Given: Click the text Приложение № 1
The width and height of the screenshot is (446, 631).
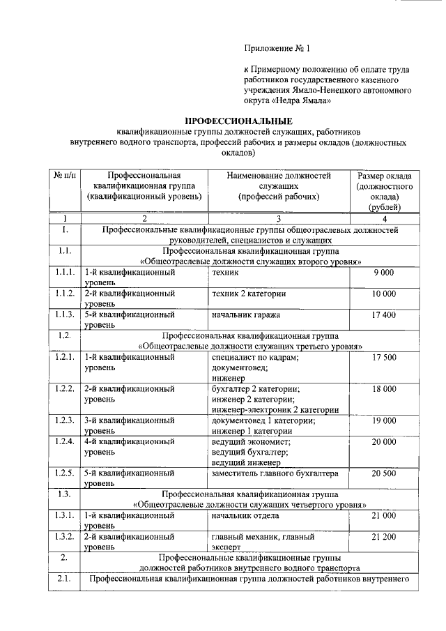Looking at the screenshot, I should [x=276, y=48].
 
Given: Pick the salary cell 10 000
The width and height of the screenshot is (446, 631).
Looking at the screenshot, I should [x=384, y=294].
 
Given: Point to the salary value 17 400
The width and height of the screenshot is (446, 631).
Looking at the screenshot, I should [x=384, y=315].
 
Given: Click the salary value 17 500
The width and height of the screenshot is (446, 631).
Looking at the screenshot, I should [x=384, y=357].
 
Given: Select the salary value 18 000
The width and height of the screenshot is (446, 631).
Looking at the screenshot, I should [x=384, y=388].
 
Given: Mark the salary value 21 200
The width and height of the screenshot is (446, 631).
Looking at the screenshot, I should [x=384, y=537].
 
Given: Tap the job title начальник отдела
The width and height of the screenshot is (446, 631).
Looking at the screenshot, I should [x=245, y=515].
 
